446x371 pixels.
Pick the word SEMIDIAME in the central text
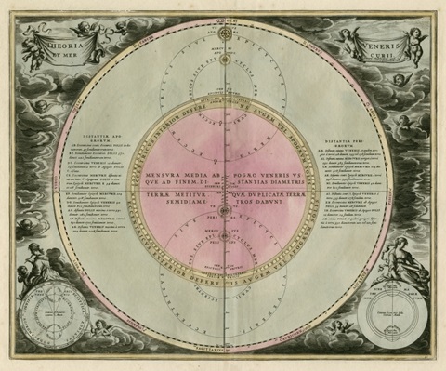[171, 205]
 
